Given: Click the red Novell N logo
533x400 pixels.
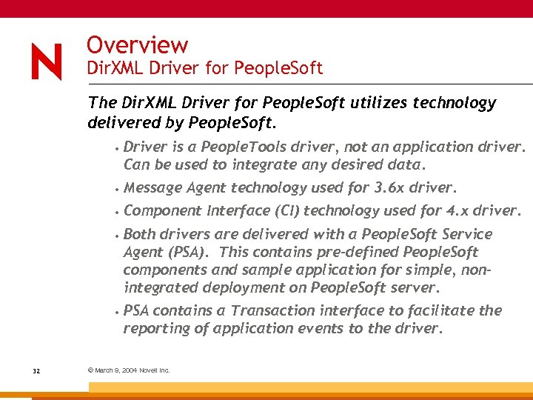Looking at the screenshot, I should click(x=46, y=61).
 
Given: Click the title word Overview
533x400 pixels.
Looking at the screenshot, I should click(x=137, y=46).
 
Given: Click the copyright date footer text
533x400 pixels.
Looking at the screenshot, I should click(x=129, y=370).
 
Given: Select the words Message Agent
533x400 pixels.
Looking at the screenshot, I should click(x=175, y=187).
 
